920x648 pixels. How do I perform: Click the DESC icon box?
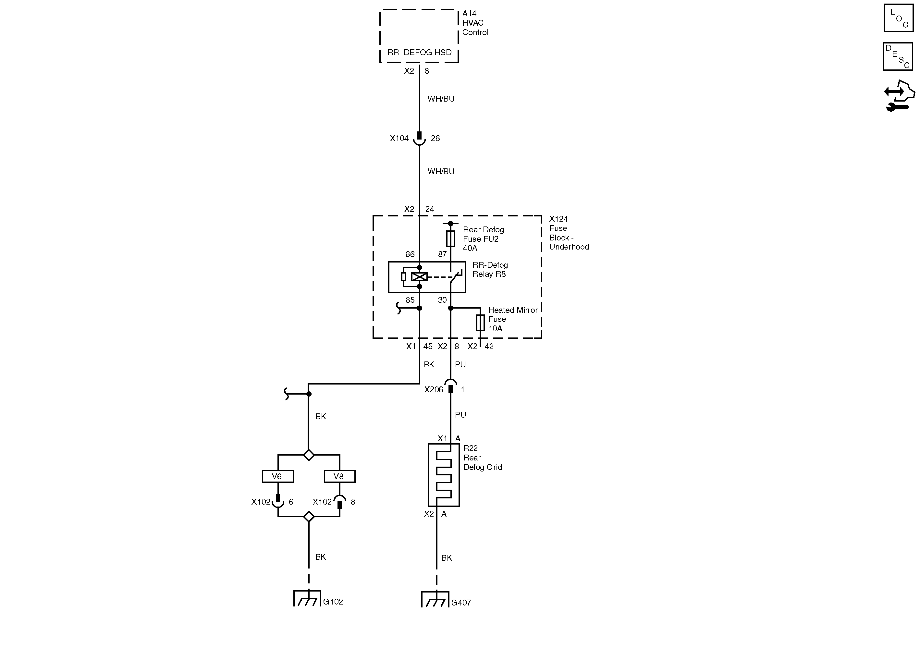[898, 56]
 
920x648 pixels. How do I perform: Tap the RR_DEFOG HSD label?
[419, 53]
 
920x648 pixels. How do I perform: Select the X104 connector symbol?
[419, 139]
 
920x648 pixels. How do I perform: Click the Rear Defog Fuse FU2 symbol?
[450, 238]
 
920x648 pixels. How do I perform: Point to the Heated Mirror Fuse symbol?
[480, 323]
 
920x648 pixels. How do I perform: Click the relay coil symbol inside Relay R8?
[419, 277]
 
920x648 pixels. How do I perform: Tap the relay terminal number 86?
[410, 254]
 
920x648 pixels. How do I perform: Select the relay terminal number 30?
[442, 300]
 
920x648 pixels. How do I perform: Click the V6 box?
[277, 476]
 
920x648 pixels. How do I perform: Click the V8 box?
[339, 476]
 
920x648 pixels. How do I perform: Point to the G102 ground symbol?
[307, 599]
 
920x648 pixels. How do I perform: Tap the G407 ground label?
[461, 603]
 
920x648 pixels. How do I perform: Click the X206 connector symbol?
[450, 387]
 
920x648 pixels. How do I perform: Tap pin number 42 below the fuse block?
[489, 347]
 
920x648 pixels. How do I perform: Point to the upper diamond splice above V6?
[309, 455]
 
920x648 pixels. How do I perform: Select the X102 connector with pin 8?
[339, 502]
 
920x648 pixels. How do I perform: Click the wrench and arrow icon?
[899, 96]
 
